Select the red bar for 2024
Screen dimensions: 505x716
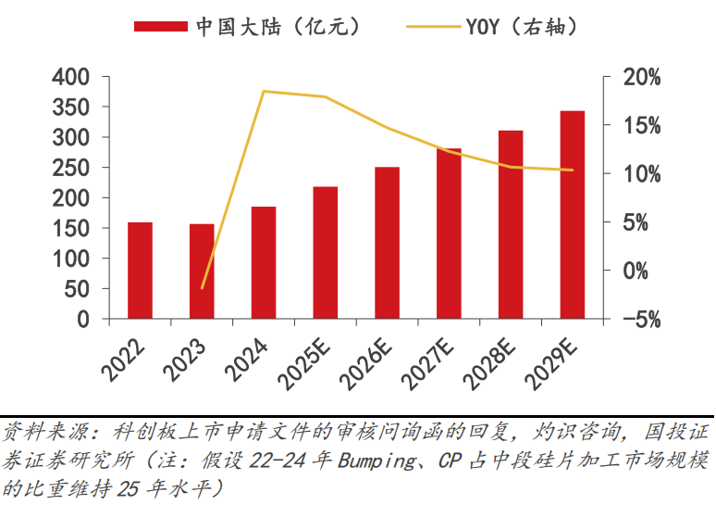(x=264, y=263)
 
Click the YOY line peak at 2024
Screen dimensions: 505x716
(x=264, y=91)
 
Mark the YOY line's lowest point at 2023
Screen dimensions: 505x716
(x=202, y=288)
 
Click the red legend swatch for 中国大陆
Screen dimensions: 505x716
(x=162, y=26)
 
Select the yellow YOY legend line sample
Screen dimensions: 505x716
(x=435, y=26)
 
